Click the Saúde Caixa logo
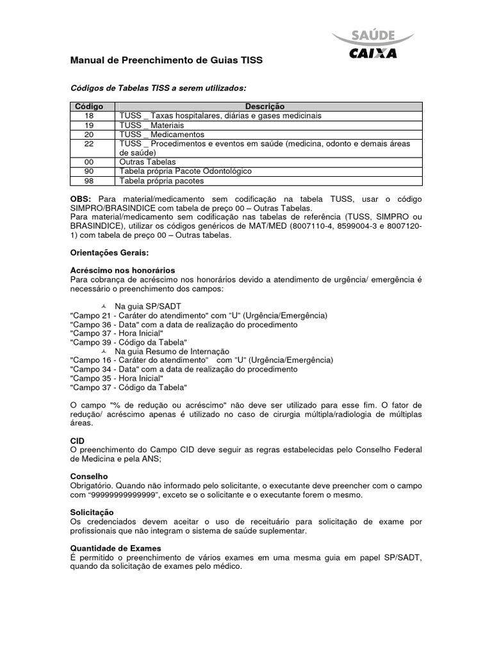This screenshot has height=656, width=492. (372, 44)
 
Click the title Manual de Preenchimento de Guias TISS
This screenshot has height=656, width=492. (166, 60)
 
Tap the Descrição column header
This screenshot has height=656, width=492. (265, 106)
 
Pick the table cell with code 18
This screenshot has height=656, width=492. (89, 115)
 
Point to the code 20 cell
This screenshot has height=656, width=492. (89, 135)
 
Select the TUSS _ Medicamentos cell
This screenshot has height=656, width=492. (161, 135)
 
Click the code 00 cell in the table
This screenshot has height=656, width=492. (89, 162)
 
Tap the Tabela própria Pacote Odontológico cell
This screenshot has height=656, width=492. (185, 172)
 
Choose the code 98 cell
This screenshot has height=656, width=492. (89, 181)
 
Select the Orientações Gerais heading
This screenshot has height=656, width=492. (108, 253)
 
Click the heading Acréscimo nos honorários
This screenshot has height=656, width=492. (122, 271)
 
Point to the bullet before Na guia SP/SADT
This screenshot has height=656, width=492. (104, 307)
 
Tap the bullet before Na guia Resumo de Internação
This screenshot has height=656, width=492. (104, 352)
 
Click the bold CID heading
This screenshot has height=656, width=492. (76, 441)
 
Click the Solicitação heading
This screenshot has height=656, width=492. (92, 513)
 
